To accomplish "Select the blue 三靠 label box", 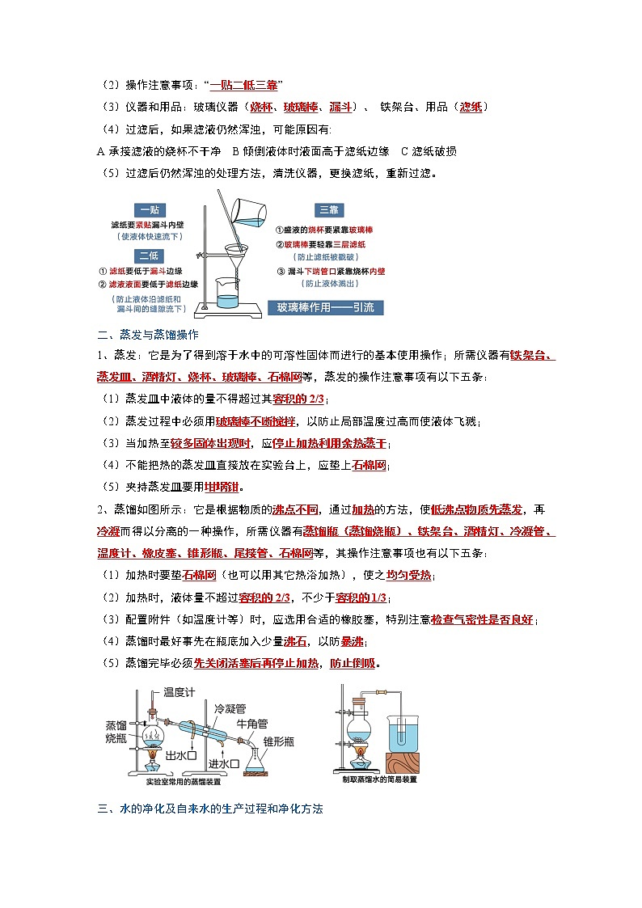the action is (328, 210).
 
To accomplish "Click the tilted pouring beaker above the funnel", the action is (249, 209).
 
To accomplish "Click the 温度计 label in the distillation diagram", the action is (181, 692).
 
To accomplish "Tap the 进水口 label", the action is (225, 762).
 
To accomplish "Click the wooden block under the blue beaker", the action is (409, 762).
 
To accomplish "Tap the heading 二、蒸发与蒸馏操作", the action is (142, 334).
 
